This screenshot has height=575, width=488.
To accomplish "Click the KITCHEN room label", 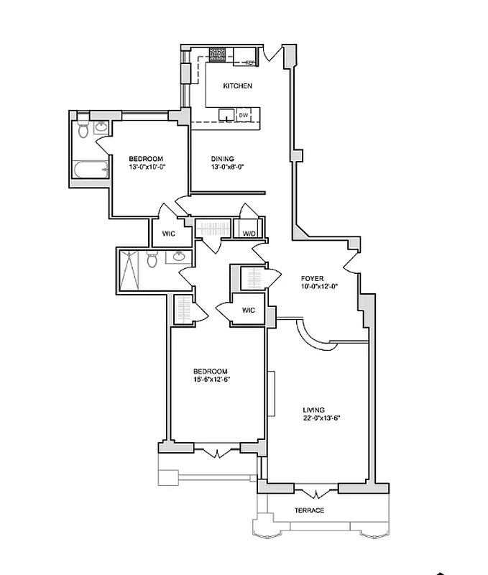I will [237, 86].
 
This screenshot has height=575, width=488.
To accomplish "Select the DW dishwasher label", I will [243, 115].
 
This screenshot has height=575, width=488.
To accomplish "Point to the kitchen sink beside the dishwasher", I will [227, 115].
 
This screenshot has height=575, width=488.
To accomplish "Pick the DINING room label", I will [223, 159].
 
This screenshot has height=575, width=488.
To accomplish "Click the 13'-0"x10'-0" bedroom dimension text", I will [147, 167].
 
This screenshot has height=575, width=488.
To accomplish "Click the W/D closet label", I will [249, 233].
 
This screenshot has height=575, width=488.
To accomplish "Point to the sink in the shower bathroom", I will [180, 257].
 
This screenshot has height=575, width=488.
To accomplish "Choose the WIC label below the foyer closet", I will [248, 310].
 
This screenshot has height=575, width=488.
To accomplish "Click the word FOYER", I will [313, 277].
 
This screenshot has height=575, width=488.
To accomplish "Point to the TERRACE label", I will [309, 510].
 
